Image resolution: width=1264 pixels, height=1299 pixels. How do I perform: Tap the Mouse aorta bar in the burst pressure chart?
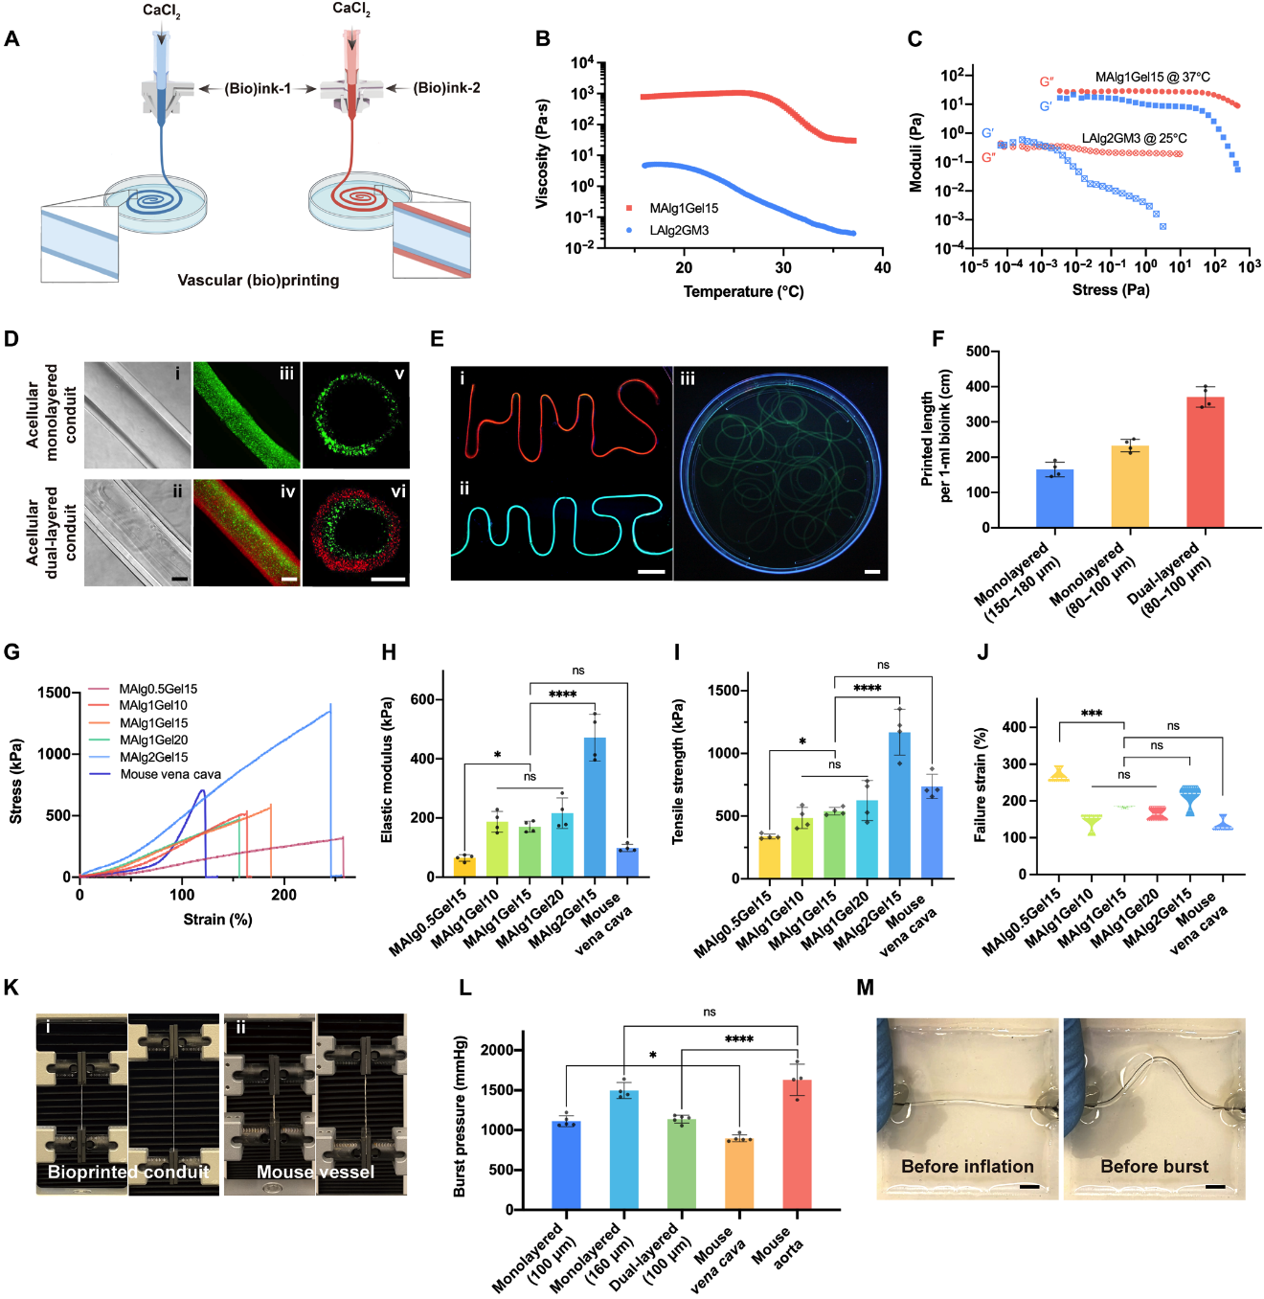(x=797, y=1144)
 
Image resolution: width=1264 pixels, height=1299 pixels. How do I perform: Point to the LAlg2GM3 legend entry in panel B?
(x=679, y=230)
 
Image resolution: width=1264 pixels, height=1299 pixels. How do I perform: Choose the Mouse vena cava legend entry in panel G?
(x=169, y=774)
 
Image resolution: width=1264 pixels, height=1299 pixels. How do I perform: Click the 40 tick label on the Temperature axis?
(x=882, y=268)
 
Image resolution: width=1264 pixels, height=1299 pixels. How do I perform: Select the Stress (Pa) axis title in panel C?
(x=1110, y=289)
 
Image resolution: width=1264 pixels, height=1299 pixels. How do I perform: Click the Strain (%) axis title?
(x=217, y=919)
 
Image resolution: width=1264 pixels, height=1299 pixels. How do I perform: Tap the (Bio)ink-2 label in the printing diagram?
(x=446, y=88)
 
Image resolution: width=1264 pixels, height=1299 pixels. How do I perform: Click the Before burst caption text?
(x=1154, y=1167)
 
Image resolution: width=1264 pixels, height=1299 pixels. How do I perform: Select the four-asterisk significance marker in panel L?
(x=738, y=1039)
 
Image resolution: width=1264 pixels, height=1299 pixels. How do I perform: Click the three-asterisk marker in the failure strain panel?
(x=1091, y=714)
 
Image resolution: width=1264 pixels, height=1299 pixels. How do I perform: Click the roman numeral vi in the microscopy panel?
(x=398, y=491)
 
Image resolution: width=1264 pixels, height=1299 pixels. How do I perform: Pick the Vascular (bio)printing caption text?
(x=258, y=280)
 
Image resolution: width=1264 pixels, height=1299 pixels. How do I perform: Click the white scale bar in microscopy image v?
(x=388, y=579)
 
